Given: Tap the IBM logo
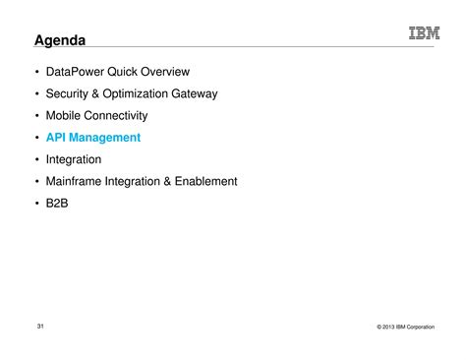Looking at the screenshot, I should tap(425, 34).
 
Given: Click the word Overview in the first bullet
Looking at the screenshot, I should tap(164, 72).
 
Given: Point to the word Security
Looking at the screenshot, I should tap(70, 93).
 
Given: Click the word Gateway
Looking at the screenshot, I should tap(194, 93).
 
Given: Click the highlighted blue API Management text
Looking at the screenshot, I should tap(93, 138).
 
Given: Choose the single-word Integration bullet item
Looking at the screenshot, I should tap(74, 159).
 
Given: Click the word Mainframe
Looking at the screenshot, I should tap(77, 181).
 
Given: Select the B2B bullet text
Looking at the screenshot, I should tap(58, 203).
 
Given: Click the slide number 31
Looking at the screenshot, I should tap(40, 326).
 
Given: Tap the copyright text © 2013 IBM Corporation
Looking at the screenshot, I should tap(404, 327).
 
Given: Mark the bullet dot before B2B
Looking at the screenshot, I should tap(36, 204).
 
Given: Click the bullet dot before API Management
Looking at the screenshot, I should tap(36, 138).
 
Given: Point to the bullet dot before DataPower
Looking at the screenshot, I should tap(36, 72).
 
